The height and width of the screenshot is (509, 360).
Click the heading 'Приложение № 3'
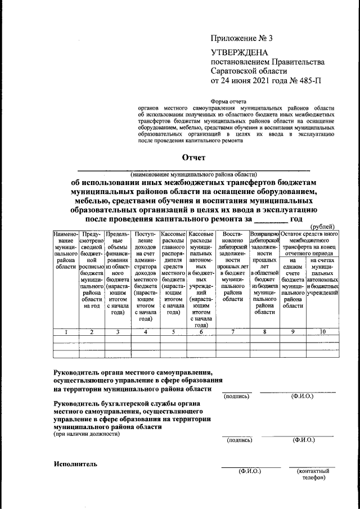point(241,39)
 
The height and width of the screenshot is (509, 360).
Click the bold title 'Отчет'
point(193,157)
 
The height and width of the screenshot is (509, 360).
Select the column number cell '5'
point(173,332)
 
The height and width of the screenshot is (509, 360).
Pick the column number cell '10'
point(322,332)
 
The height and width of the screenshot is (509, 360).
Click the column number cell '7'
point(232,332)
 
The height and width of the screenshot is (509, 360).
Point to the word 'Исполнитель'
point(76,464)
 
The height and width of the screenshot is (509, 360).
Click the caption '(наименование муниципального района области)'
point(193,174)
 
